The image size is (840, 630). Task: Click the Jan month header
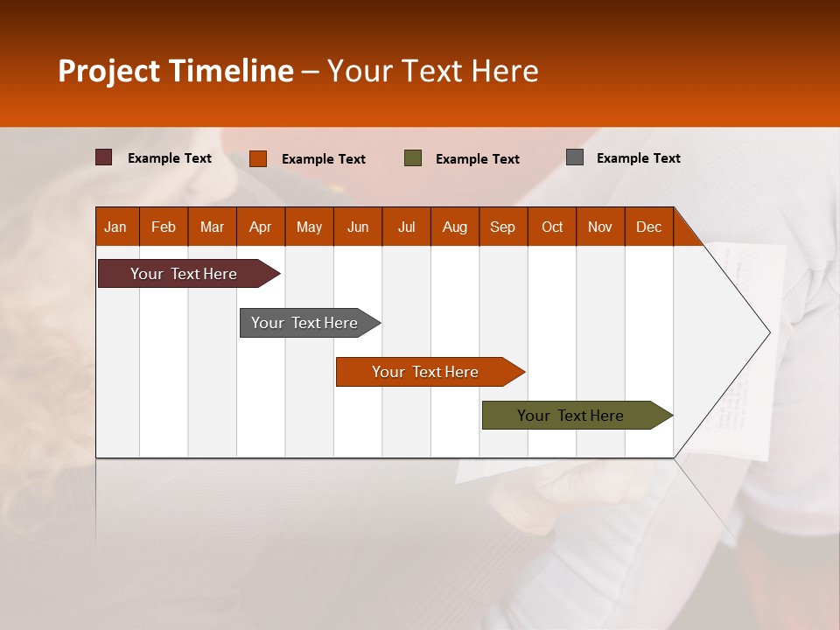[115, 227]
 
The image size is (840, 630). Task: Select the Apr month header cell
[261, 227]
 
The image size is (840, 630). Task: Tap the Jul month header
[406, 227]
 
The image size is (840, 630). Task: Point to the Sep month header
[502, 227]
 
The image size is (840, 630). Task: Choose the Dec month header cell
[648, 227]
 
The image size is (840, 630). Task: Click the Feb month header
[164, 227]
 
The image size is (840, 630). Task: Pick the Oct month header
[552, 227]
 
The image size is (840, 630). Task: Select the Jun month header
[358, 227]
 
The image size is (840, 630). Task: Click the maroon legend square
[104, 157]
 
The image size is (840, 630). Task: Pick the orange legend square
[258, 158]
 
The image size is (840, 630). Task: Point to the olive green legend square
[413, 158]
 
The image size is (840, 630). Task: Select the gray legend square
[575, 157]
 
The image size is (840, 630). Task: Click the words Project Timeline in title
[176, 71]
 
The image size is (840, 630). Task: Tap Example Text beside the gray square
[638, 158]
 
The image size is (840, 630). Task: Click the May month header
[309, 227]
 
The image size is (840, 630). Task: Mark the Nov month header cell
[600, 227]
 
